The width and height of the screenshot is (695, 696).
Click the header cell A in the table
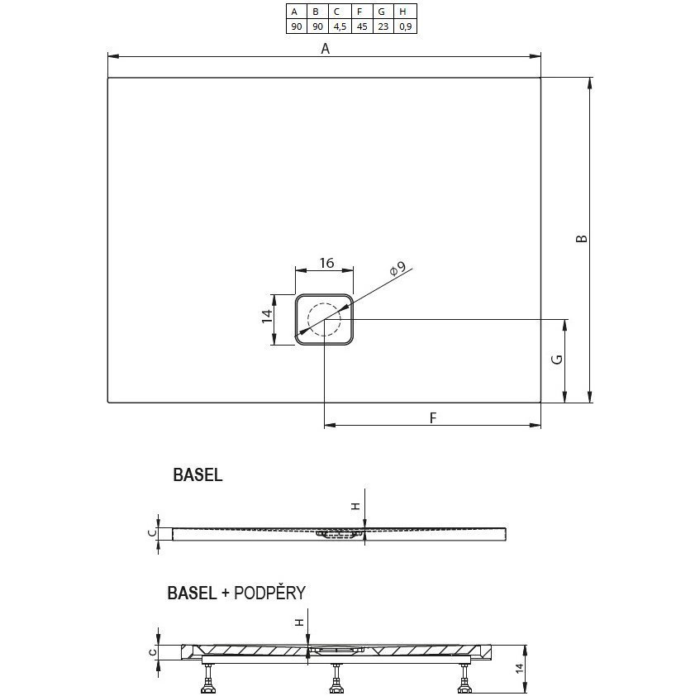295,12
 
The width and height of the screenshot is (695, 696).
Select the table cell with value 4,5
337,26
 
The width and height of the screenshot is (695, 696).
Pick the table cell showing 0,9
402,26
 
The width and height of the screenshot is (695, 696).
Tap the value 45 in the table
359,26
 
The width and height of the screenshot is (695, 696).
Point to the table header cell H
402,12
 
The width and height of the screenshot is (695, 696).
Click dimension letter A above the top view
326,49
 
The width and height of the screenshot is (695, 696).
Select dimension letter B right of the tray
582,238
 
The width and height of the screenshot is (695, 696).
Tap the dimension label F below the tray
432,418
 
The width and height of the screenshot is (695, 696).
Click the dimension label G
558,360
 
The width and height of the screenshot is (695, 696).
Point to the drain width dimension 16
326,263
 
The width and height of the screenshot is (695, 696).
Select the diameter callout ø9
397,269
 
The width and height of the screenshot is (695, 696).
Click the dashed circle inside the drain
324,320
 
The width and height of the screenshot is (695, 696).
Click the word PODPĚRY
271,593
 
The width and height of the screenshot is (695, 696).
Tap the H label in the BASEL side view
356,507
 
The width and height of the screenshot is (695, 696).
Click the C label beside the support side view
151,651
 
